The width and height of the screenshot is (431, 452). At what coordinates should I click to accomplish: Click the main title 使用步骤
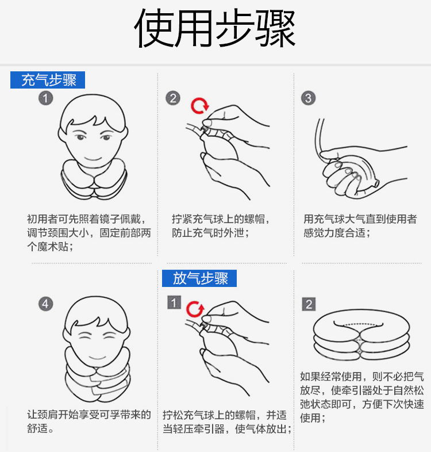(x=215, y=28)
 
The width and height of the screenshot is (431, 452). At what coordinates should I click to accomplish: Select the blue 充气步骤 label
(x=48, y=80)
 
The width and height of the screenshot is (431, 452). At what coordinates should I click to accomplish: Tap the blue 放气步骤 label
(x=199, y=278)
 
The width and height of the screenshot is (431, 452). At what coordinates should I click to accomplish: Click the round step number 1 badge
(x=46, y=98)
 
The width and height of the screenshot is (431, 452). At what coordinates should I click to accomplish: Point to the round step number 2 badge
(x=173, y=98)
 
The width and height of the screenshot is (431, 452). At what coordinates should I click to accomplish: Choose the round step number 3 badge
(x=308, y=98)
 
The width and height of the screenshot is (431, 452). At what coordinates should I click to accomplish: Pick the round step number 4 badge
(x=46, y=304)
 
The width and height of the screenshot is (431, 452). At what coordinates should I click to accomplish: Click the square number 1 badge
(x=174, y=302)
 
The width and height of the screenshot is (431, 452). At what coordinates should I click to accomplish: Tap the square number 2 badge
(x=309, y=304)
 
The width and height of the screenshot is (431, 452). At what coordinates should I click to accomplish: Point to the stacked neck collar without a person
(x=361, y=334)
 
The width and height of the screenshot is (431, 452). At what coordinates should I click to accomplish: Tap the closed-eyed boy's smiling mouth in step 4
(x=97, y=358)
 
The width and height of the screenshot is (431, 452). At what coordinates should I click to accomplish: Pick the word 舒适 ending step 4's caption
(x=37, y=428)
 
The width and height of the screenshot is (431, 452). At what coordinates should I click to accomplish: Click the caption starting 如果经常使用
(x=362, y=397)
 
